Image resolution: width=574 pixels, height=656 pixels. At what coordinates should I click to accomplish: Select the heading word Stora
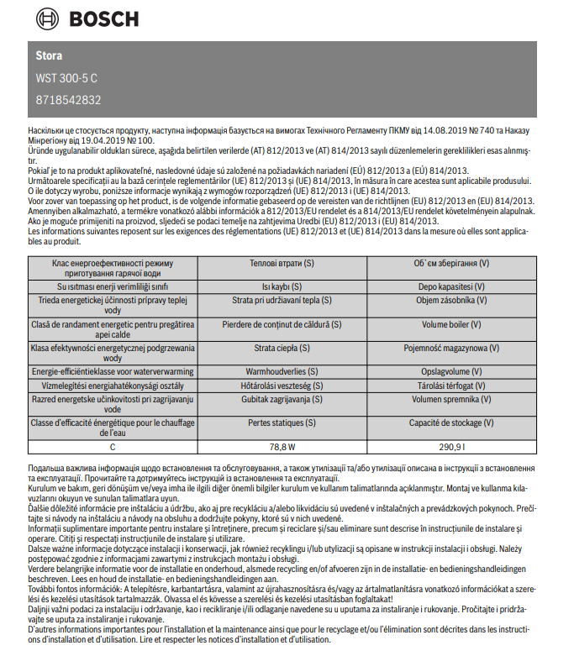(x=49, y=56)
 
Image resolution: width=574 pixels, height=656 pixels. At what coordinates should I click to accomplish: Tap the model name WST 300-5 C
(x=67, y=78)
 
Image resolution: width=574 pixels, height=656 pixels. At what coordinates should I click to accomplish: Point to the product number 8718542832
(x=69, y=100)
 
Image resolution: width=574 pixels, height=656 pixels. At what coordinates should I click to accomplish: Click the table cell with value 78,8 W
(x=282, y=447)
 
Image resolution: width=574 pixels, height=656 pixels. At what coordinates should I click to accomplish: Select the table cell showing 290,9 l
(x=451, y=447)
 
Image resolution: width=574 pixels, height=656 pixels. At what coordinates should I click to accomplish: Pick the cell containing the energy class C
(x=113, y=447)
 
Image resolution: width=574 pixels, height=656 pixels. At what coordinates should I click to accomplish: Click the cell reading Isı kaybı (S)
(x=282, y=286)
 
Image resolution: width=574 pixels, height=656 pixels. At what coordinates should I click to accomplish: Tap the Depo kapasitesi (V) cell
(x=451, y=286)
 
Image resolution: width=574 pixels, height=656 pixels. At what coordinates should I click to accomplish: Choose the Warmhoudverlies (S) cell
(x=282, y=371)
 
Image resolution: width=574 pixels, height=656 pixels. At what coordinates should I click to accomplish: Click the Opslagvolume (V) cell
(x=451, y=371)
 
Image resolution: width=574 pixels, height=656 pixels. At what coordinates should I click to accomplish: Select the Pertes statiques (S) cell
(x=282, y=423)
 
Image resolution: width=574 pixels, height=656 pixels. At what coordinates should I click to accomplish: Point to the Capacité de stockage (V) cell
(x=451, y=423)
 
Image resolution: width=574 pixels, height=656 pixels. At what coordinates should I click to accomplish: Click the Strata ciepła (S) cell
(x=282, y=348)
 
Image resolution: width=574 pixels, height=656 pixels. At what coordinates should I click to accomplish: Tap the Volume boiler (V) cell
(x=451, y=323)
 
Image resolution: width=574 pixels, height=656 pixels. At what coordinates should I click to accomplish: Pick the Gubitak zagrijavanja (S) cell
(x=282, y=400)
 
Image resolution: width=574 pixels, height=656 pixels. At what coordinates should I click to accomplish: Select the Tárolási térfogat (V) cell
(x=451, y=385)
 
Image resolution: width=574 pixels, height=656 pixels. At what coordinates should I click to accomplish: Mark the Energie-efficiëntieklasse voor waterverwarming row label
(x=113, y=371)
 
